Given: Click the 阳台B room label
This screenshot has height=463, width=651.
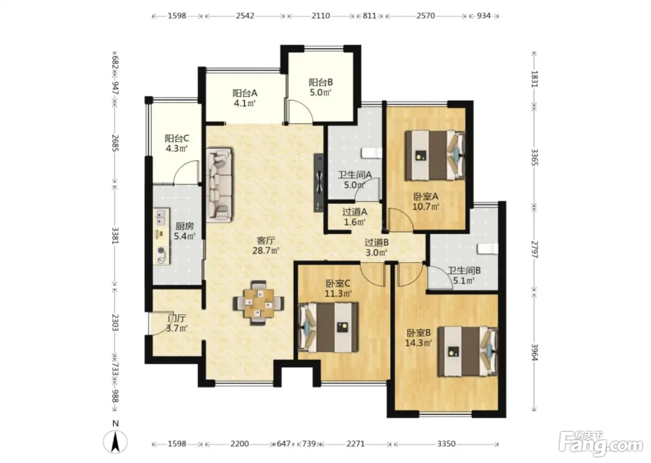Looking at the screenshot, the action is click(320, 82).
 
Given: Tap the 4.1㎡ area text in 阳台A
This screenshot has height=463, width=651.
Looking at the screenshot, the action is click(245, 103).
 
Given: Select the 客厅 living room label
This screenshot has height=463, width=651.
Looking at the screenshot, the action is click(266, 240).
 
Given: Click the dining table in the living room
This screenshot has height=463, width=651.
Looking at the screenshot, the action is click(259, 303).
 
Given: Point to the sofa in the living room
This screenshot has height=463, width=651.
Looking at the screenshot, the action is click(219, 185).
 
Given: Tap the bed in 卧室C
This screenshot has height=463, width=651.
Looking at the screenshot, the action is click(328, 328).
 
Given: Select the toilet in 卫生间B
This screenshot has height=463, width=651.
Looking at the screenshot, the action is click(487, 249).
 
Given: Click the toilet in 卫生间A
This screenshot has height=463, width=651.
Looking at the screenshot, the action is click(372, 153).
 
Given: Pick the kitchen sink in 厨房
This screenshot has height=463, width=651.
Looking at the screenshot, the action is click(161, 217).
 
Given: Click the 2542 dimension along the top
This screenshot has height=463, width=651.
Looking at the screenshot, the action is click(245, 16).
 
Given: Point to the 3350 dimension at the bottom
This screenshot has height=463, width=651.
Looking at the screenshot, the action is click(446, 443).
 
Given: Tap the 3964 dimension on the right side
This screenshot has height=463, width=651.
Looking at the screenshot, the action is click(535, 352).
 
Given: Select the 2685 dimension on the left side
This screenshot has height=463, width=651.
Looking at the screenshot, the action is click(115, 143).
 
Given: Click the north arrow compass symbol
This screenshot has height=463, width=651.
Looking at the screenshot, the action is click(115, 441).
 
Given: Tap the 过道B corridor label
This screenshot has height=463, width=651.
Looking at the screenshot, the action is click(376, 242).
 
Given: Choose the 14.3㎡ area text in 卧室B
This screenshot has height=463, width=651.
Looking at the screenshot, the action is click(418, 343).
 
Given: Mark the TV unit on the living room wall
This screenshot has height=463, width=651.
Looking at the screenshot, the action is click(319, 182).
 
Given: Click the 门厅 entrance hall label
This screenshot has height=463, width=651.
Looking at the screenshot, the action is click(177, 318).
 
